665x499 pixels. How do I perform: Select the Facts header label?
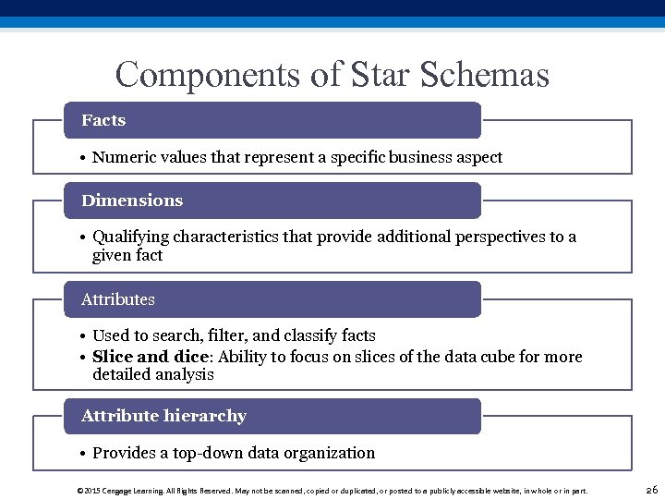[103, 120]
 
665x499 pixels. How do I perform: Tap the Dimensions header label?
[132, 201]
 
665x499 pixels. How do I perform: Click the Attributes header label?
[118, 299]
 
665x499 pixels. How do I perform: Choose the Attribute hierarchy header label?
[163, 416]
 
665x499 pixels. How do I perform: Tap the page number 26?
[650, 490]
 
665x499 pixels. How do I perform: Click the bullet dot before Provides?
[83, 454]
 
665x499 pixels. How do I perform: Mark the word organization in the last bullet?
[329, 453]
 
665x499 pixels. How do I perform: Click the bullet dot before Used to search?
[83, 336]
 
